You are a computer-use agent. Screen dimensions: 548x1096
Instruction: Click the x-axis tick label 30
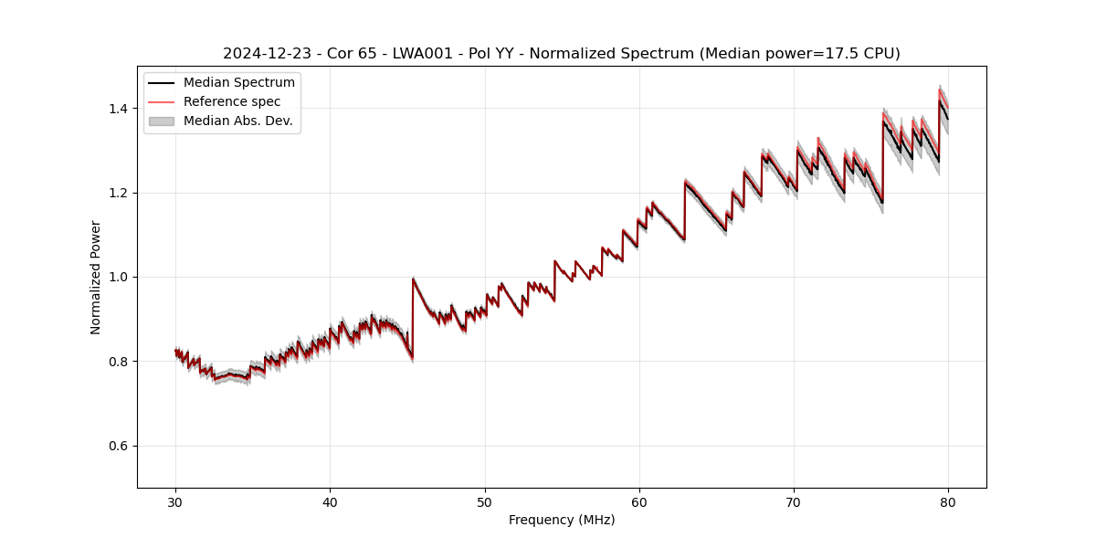click(x=175, y=501)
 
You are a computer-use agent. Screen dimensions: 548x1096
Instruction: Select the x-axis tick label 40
click(x=330, y=501)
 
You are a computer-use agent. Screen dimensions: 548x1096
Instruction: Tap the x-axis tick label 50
click(x=485, y=501)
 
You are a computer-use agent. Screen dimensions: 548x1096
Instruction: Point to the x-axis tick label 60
click(x=639, y=501)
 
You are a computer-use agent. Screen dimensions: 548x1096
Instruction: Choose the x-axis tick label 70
click(x=794, y=501)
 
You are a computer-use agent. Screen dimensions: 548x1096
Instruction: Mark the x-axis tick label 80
click(x=948, y=501)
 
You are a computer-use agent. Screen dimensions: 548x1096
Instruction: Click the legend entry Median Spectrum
click(x=238, y=83)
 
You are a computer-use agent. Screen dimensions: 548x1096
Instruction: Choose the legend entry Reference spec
click(x=232, y=102)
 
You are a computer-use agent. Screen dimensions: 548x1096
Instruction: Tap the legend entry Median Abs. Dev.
click(x=237, y=121)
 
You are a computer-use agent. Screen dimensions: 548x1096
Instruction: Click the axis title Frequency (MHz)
click(x=562, y=521)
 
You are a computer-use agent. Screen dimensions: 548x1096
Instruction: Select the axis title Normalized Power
click(x=96, y=277)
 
